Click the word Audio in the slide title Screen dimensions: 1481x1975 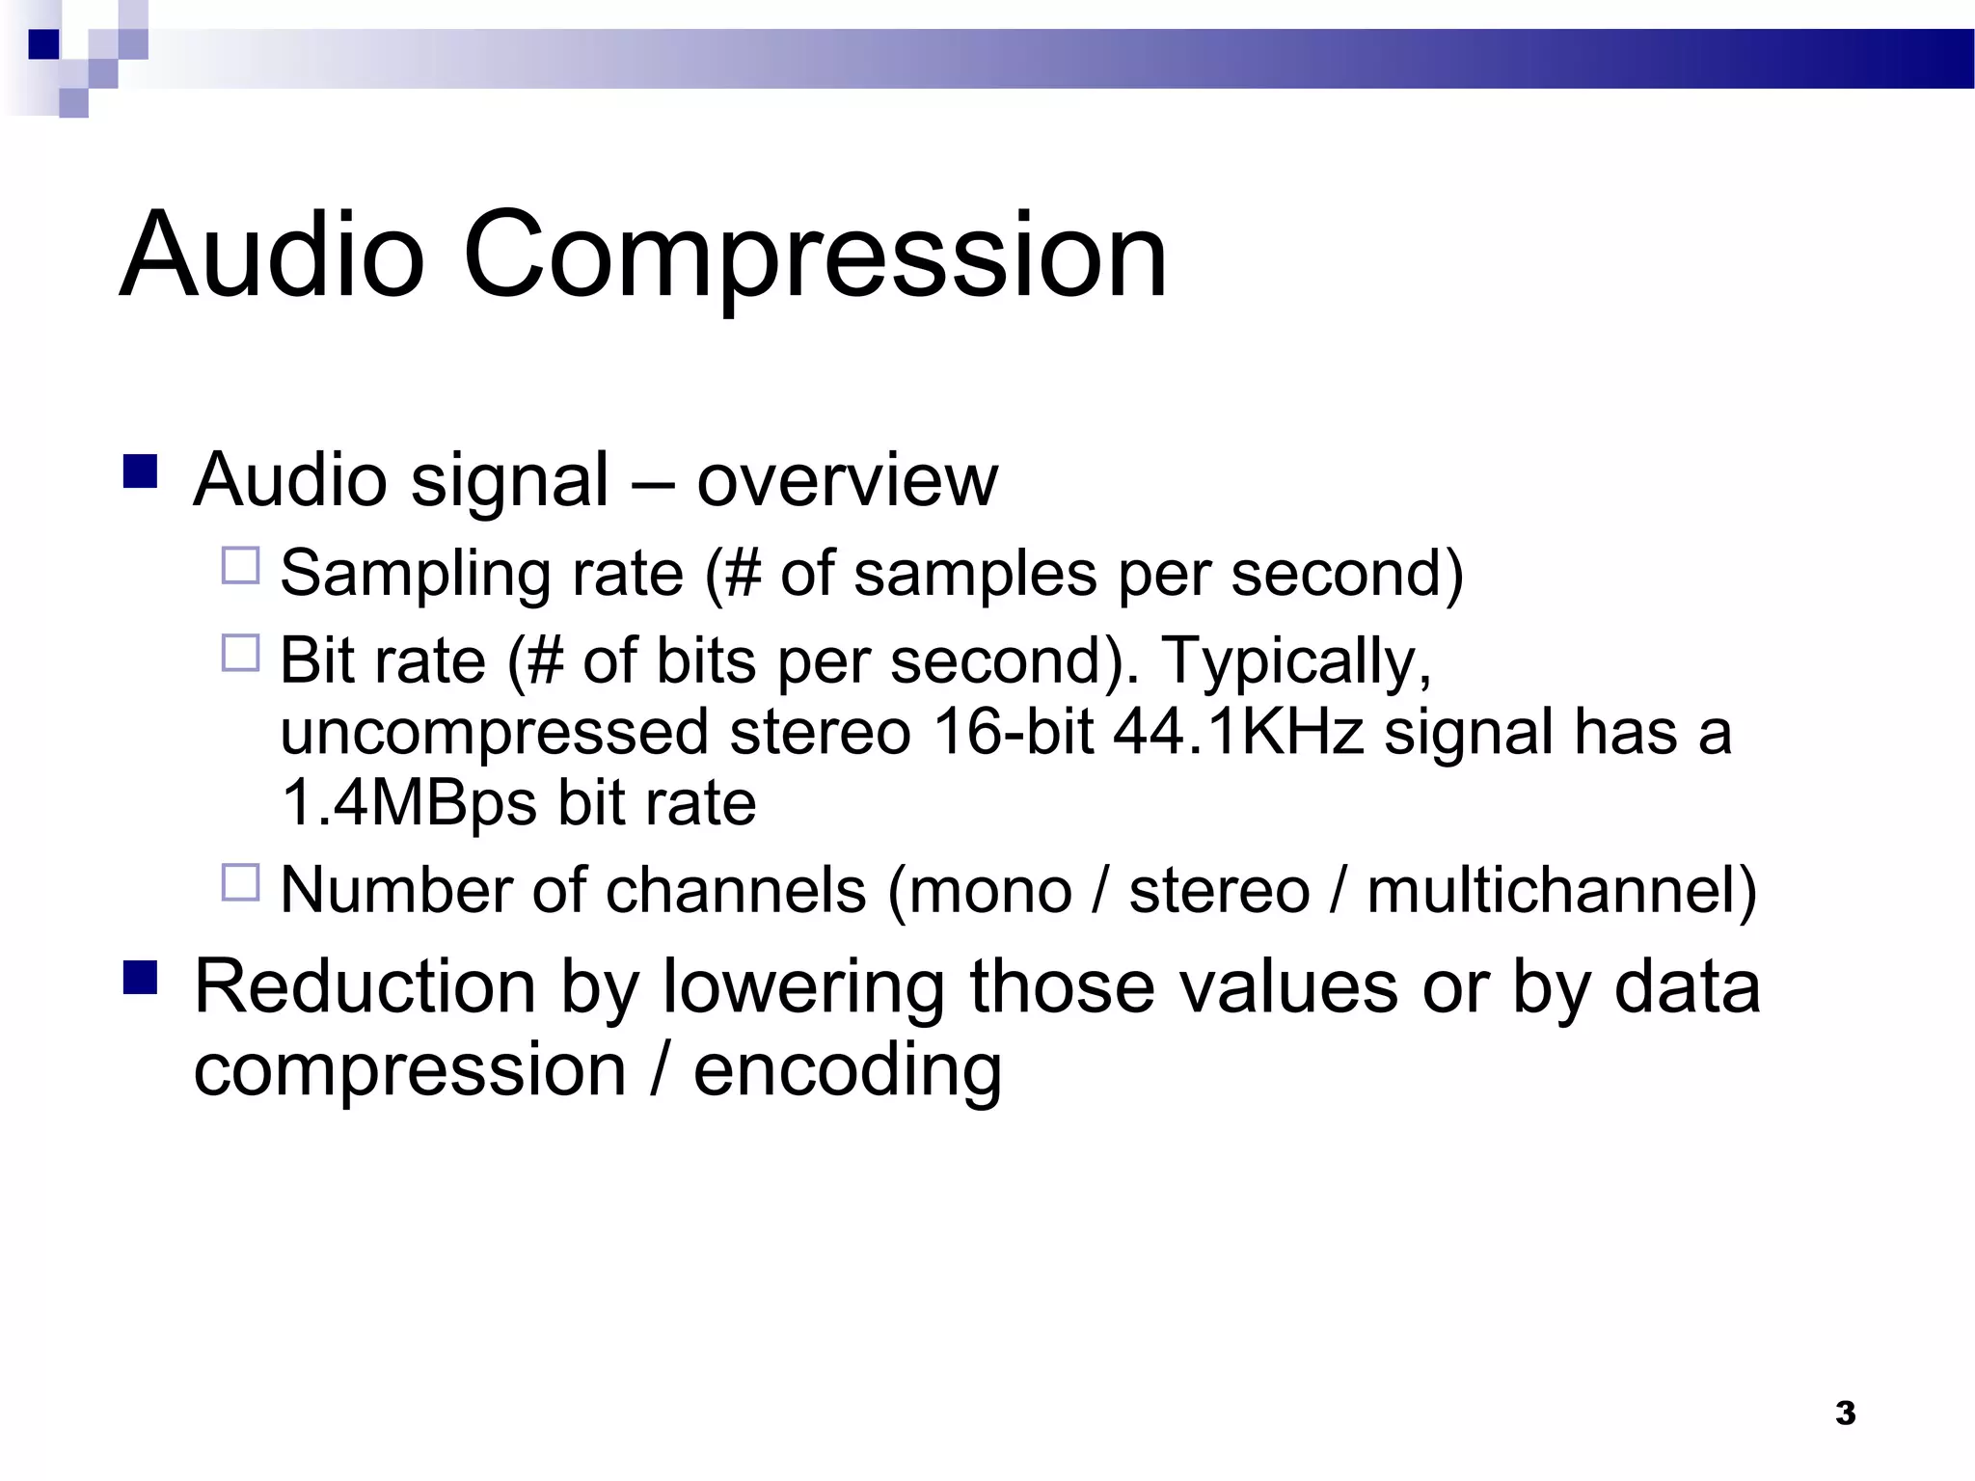click(x=272, y=256)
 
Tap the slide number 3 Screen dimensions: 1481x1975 click(x=1845, y=1413)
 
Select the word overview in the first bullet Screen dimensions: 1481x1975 click(x=847, y=480)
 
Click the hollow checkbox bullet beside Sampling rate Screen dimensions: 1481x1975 click(x=241, y=566)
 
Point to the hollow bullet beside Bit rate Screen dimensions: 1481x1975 click(x=241, y=653)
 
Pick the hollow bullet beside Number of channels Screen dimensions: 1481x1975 click(x=241, y=881)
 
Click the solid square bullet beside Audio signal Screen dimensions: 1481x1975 click(x=141, y=471)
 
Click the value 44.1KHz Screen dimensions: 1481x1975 click(x=1238, y=732)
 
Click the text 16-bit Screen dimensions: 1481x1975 click(x=1013, y=732)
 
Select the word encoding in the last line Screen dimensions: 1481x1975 click(x=847, y=1070)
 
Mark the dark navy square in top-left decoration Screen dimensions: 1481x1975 click(x=43, y=44)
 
